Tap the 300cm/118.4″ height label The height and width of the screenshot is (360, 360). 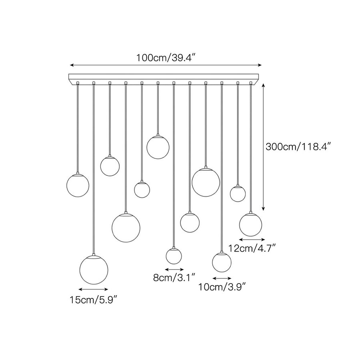click(298, 146)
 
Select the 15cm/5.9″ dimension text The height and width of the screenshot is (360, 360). click(94, 300)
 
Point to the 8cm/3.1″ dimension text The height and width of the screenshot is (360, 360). click(174, 278)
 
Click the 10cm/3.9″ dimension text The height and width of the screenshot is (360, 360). click(222, 287)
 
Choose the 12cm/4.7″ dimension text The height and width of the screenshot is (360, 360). click(252, 248)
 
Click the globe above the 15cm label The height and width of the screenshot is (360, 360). click(94, 270)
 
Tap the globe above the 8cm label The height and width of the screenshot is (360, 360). click(174, 256)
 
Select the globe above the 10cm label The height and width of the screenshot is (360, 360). click(222, 262)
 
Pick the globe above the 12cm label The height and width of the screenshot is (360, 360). click(250, 225)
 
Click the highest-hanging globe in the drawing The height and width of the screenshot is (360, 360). click(158, 147)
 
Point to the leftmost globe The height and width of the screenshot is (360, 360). click(78, 186)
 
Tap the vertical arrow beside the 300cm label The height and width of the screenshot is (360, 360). click(263, 147)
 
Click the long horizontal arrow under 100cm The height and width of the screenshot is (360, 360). click(166, 65)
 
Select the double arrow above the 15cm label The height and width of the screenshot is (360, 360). click(93, 289)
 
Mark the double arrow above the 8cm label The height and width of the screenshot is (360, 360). click(174, 269)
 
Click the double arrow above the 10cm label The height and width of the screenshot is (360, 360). click(222, 278)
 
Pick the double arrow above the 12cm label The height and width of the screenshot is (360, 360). click(252, 240)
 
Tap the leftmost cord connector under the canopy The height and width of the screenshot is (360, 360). click(78, 82)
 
